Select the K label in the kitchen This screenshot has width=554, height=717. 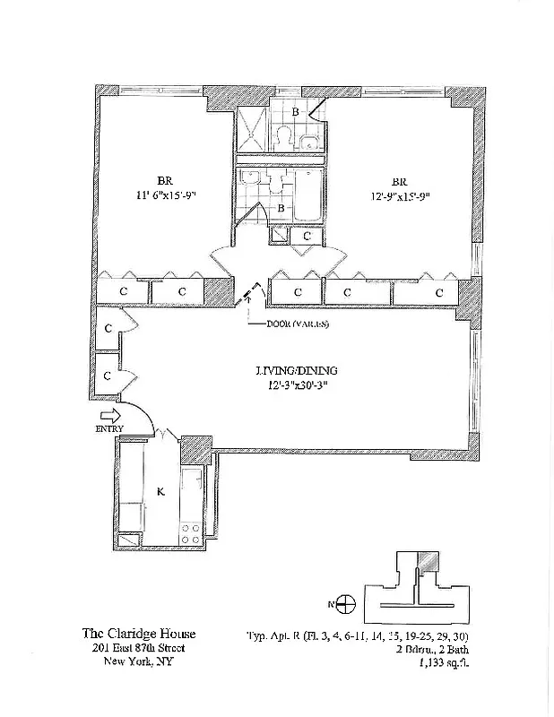click(160, 491)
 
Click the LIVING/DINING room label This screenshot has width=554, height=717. click(295, 370)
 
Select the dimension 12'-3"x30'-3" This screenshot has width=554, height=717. click(295, 387)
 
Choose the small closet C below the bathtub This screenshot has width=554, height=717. click(307, 237)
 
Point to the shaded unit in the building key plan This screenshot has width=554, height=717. click(431, 559)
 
